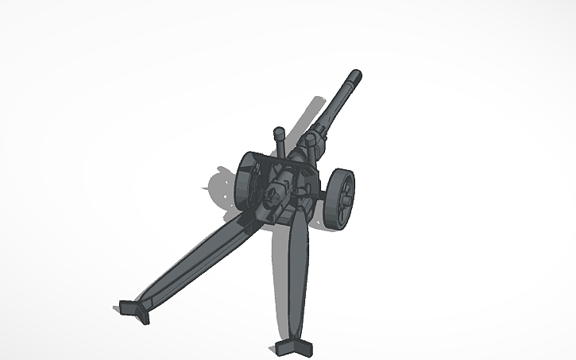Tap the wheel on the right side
click(x=339, y=199)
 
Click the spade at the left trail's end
click(x=132, y=310)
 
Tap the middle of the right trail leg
click(x=296, y=274)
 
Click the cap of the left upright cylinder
click(x=280, y=131)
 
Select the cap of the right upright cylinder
click(x=311, y=138)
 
